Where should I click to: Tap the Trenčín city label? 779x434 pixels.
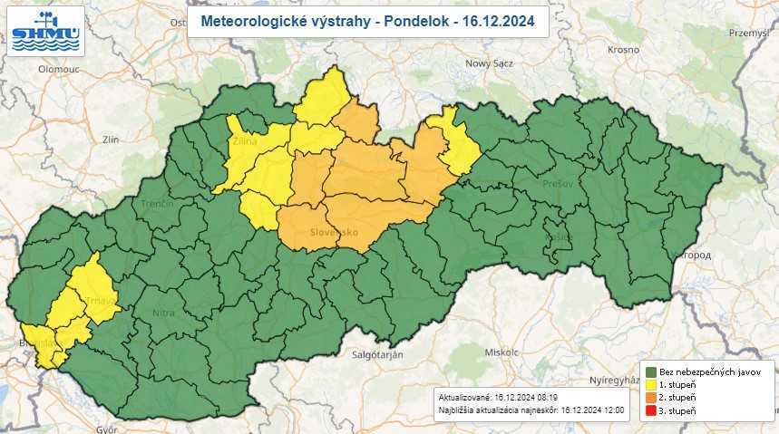pyautogui.click(x=156, y=204)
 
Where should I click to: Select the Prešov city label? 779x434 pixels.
pyautogui.click(x=559, y=183)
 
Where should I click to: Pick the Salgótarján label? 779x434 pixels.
pyautogui.click(x=376, y=354)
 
